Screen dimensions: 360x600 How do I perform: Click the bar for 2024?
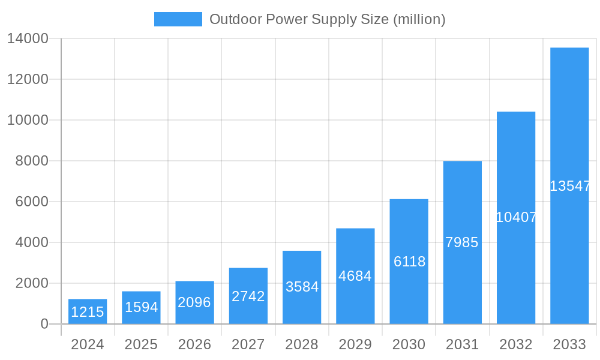click(88, 311)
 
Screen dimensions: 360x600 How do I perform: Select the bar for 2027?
click(248, 296)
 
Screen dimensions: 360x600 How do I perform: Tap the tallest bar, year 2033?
click(569, 185)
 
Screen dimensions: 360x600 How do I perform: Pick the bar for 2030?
click(409, 262)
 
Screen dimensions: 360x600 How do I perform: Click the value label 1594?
click(141, 307)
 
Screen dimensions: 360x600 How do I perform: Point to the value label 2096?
click(194, 302)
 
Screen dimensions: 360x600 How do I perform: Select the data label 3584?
click(302, 287)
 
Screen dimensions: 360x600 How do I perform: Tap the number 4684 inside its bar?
click(355, 276)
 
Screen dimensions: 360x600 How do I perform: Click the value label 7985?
click(462, 242)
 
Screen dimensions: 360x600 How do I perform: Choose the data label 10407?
click(516, 217)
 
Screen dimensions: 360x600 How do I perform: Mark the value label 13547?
click(570, 186)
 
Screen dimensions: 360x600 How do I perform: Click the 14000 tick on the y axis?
click(28, 38)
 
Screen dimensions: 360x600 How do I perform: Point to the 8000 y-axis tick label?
click(31, 161)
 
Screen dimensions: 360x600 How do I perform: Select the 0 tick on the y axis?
click(44, 324)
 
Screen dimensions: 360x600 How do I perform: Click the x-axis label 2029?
click(355, 344)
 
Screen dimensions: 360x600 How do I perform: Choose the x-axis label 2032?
click(516, 344)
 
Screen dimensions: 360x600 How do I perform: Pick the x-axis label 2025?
click(141, 344)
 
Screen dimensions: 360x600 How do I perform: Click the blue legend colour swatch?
click(178, 19)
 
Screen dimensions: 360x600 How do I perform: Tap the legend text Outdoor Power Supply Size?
click(327, 19)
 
